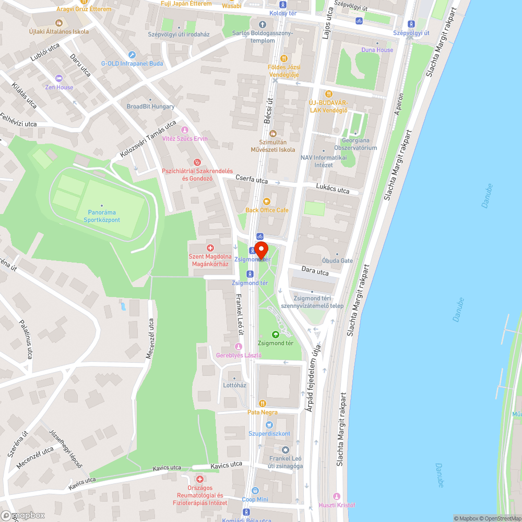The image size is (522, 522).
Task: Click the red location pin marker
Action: tap(261, 250)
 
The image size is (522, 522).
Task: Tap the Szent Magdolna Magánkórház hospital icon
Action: tap(210, 247)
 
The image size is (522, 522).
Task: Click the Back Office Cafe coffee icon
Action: tap(267, 201)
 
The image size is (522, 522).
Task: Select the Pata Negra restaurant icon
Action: tap(263, 403)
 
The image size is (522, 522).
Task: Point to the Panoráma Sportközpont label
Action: tap(102, 216)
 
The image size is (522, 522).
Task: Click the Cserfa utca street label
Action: tap(251, 180)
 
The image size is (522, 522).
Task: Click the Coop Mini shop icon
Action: tap(255, 491)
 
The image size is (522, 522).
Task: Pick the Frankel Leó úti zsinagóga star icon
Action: tap(285, 450)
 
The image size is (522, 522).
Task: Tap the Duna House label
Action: tap(377, 50)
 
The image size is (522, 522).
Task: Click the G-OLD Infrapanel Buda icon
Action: tap(132, 55)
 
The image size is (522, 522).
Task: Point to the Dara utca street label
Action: tap(315, 271)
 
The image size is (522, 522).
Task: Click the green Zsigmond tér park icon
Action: tap(275, 334)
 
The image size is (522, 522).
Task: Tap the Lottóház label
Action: tap(234, 385)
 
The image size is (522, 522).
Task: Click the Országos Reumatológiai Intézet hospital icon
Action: tap(199, 479)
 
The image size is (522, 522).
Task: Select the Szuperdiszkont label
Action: tap(269, 434)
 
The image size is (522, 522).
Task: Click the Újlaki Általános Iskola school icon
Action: tap(58, 23)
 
